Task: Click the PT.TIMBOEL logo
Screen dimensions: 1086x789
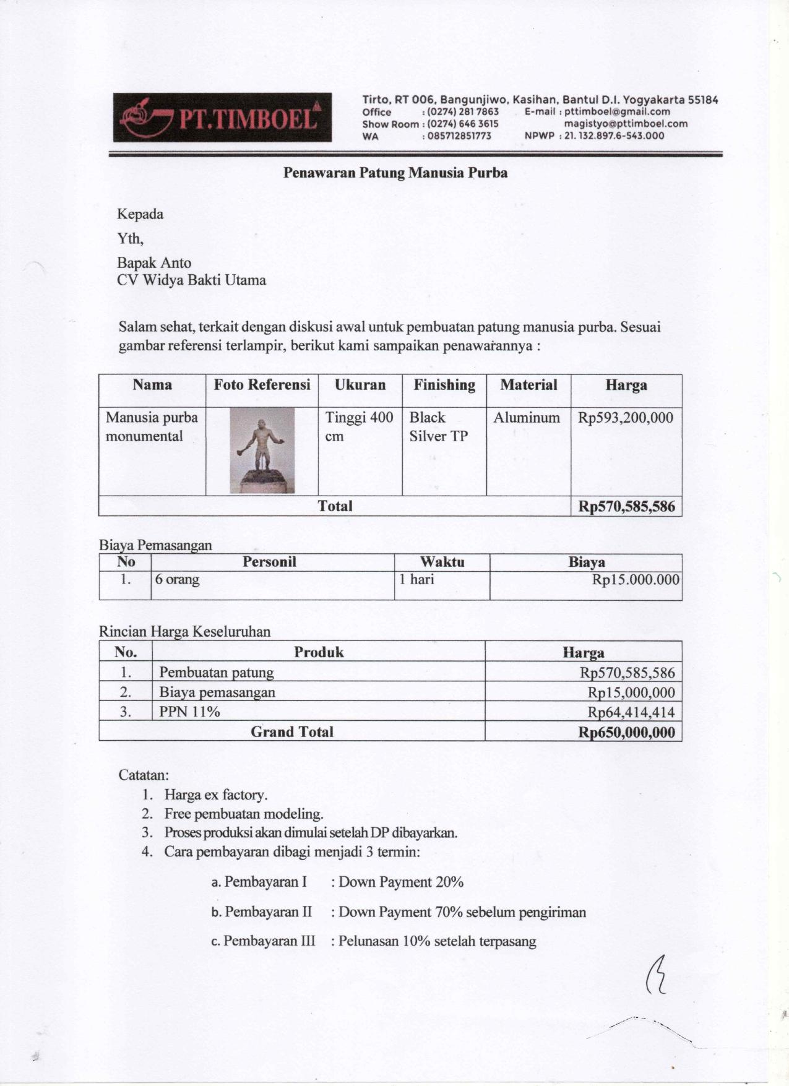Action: [222, 118]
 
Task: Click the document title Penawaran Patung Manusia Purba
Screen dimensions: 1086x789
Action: [395, 173]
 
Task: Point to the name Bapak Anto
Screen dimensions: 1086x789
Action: [154, 263]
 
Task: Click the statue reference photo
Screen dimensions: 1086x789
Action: [262, 450]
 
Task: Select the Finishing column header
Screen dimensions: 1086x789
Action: [444, 385]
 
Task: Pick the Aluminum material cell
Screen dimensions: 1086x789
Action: [527, 418]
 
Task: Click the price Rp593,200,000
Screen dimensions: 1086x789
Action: [626, 418]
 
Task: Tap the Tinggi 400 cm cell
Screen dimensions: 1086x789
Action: [359, 427]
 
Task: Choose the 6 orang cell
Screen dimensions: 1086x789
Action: [178, 580]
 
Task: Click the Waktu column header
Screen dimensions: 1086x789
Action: [442, 562]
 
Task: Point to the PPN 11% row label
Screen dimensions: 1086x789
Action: [189, 712]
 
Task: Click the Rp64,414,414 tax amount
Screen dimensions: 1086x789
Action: [631, 712]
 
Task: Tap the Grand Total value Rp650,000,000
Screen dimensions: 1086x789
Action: [626, 733]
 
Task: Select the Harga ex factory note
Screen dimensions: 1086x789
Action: [215, 795]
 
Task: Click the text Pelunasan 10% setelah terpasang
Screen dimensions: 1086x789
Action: [437, 941]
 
